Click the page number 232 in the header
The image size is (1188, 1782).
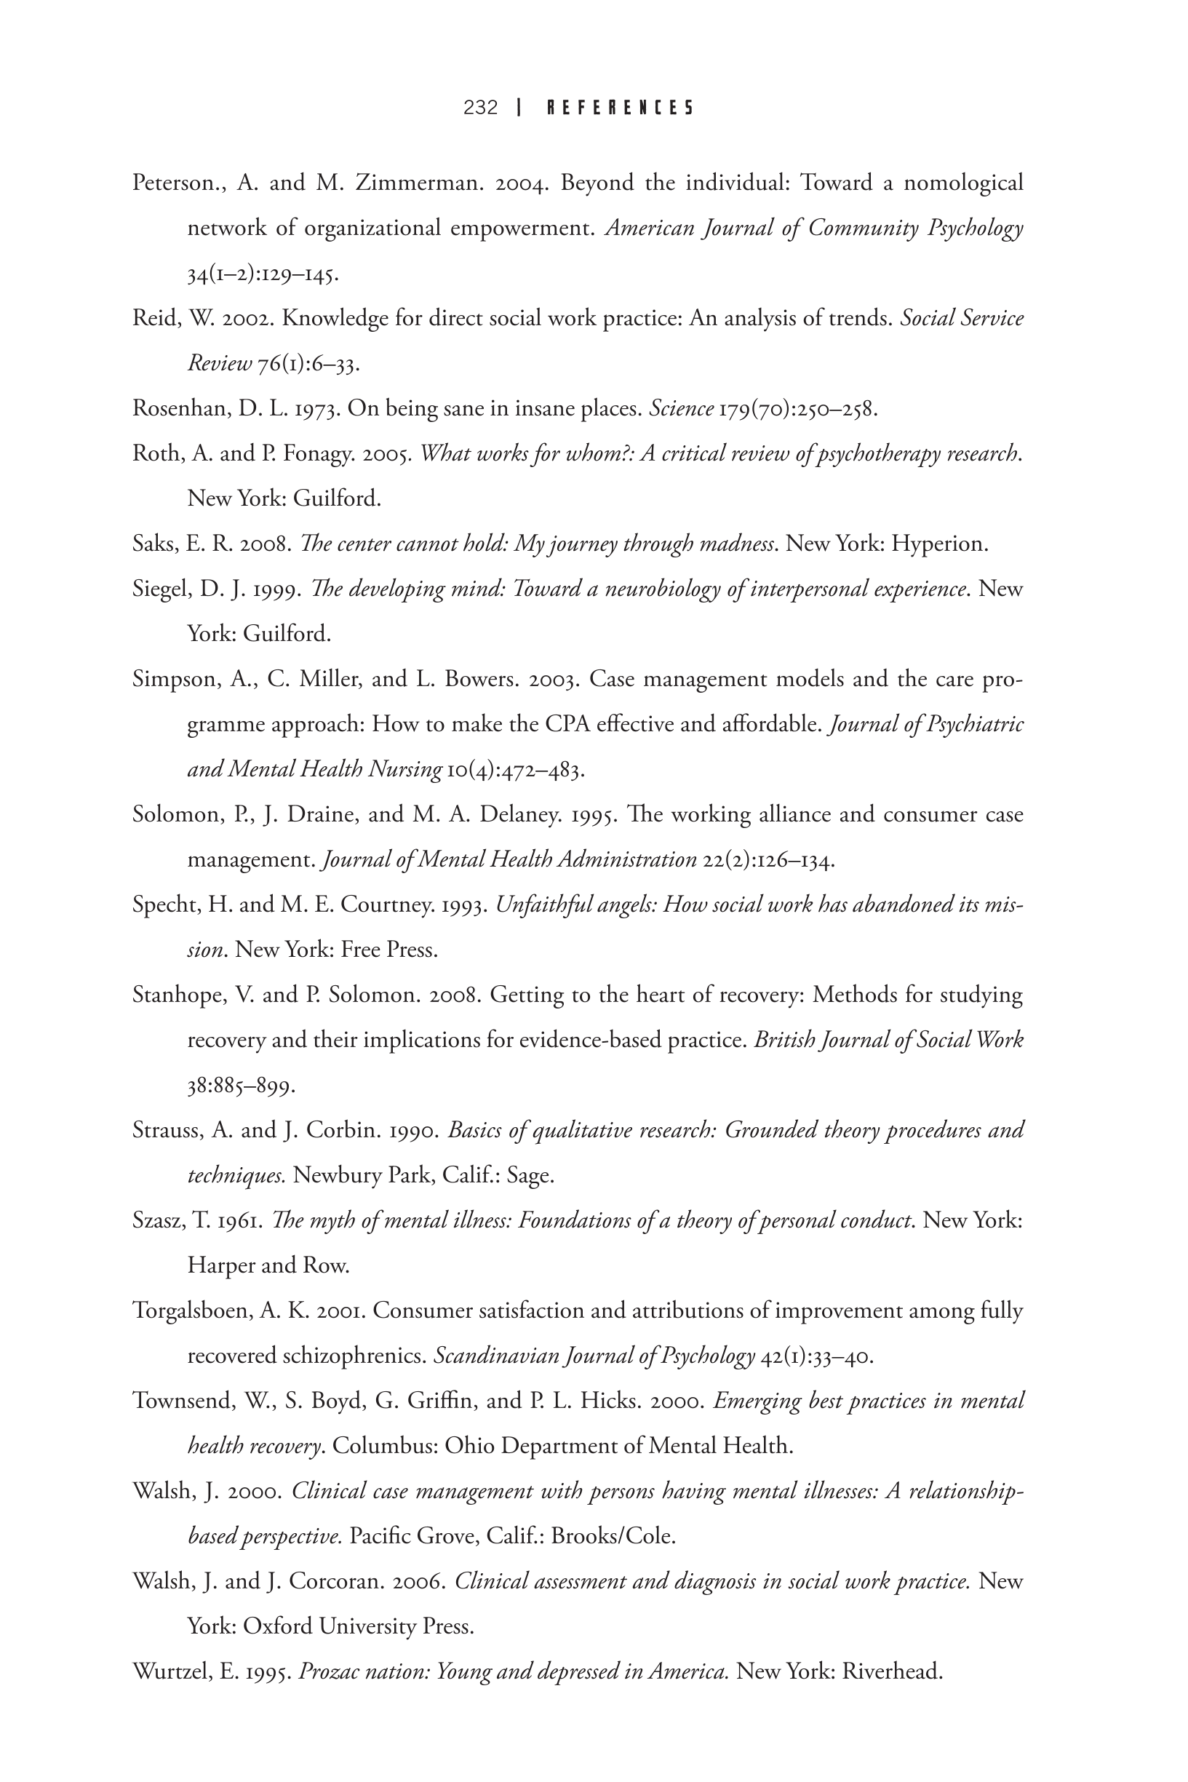click(480, 108)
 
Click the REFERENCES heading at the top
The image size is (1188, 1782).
click(620, 108)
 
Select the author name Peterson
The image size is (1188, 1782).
click(176, 183)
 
